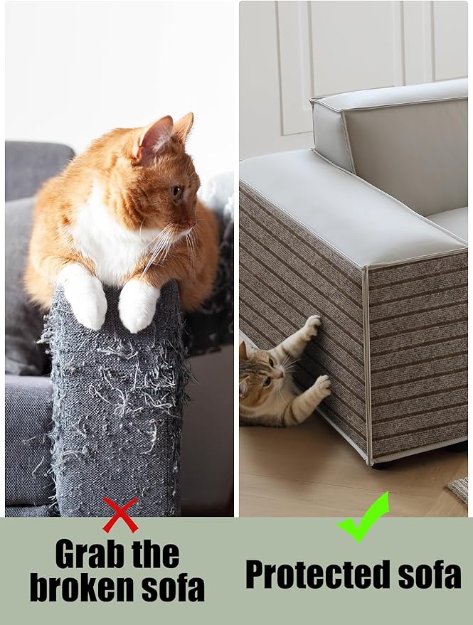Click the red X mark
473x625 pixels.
click(120, 515)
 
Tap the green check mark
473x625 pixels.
click(363, 517)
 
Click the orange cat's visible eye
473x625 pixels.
click(176, 193)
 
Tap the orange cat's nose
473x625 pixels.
click(194, 223)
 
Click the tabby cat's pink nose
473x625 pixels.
click(282, 375)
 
